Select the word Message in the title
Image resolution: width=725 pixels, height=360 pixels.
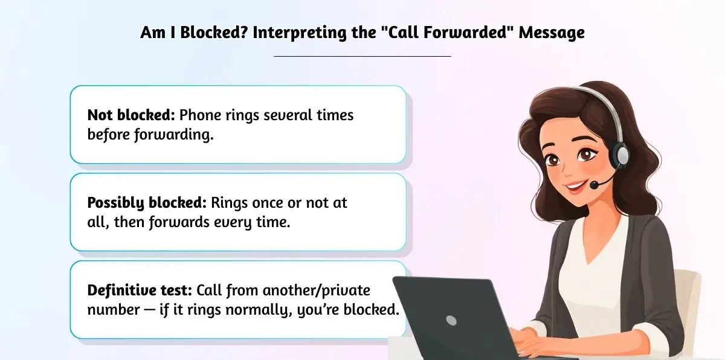click(552, 33)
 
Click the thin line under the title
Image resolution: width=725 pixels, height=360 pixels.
click(362, 56)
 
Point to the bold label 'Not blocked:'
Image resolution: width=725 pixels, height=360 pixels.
click(131, 115)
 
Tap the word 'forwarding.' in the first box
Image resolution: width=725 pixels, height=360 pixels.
click(174, 135)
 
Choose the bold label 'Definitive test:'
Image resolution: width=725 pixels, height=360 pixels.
click(140, 291)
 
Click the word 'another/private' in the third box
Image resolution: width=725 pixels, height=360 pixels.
click(316, 291)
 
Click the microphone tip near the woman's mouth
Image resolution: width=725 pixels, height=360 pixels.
click(594, 185)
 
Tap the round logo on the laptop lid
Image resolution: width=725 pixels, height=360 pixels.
click(451, 320)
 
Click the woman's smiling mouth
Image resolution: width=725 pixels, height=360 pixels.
click(575, 187)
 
